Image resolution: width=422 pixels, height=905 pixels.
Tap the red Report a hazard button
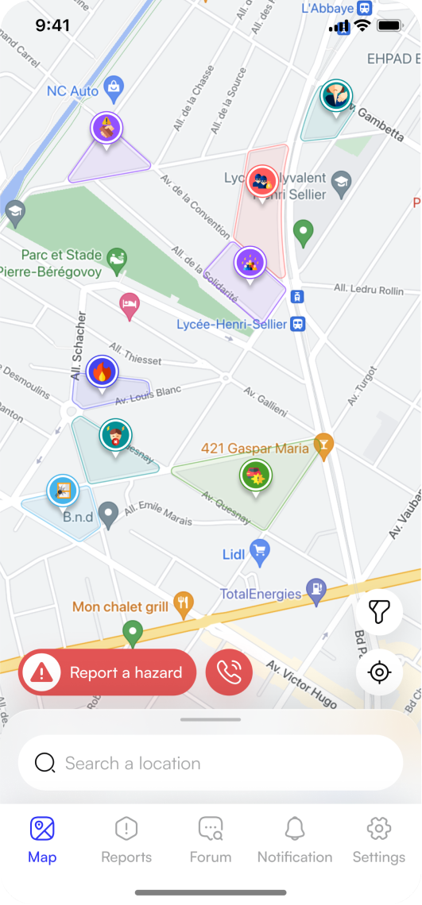tap(107, 672)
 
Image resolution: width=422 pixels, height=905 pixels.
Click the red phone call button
tap(229, 672)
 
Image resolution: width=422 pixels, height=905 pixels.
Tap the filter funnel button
tap(379, 612)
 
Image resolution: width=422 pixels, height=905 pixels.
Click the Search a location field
tap(211, 763)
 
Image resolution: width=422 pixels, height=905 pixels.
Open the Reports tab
tap(126, 841)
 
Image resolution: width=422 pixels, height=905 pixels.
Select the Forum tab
tap(211, 841)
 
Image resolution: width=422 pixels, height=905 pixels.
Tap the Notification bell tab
tap(295, 841)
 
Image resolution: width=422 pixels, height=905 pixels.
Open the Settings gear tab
tap(379, 841)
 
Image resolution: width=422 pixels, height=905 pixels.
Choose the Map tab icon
tap(42, 830)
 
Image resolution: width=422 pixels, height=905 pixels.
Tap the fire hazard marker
tap(102, 372)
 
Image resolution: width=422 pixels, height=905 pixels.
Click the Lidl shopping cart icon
tap(259, 550)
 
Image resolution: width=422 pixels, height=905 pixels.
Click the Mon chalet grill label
tap(120, 607)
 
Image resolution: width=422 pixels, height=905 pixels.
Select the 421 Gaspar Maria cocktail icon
tap(323, 446)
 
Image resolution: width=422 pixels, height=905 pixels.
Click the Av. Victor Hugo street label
tap(301, 684)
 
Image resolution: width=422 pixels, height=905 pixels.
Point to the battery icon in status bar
tap(389, 25)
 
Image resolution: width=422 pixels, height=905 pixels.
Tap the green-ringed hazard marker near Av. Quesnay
tap(255, 476)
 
